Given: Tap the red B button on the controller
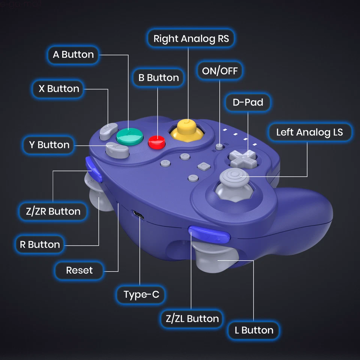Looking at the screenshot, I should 157,142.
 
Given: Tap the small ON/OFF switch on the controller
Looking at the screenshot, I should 219,146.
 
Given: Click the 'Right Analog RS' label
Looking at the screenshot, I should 191,39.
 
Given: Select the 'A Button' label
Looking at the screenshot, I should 73,55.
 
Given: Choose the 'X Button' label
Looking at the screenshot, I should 59,89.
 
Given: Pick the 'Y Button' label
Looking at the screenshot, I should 49,145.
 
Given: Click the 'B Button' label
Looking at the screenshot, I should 158,78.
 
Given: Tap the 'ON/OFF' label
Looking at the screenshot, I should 220,71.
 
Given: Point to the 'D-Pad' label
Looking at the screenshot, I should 247,102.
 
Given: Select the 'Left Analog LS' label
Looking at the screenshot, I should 309,132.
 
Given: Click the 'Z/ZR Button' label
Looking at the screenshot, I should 53,211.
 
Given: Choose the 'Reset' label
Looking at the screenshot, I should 79,270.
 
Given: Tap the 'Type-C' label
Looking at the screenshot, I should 141,295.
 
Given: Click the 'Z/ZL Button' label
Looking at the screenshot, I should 192,319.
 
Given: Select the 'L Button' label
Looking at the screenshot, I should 254,330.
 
